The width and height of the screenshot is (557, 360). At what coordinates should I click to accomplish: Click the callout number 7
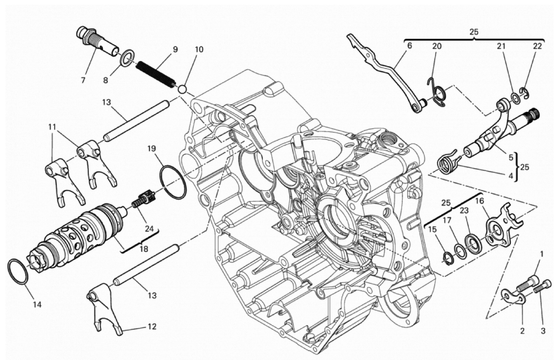pyautogui.click(x=83, y=81)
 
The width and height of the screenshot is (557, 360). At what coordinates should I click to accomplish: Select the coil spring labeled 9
pyautogui.click(x=156, y=74)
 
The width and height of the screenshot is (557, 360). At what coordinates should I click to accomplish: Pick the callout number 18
pyautogui.click(x=144, y=249)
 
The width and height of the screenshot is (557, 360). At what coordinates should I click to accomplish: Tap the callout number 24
pyautogui.click(x=149, y=229)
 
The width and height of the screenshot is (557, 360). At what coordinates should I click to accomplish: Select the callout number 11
pyautogui.click(x=52, y=127)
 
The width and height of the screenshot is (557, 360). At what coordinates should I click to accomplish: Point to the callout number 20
pyautogui.click(x=437, y=46)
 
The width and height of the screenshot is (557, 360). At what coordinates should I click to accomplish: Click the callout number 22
pyautogui.click(x=538, y=46)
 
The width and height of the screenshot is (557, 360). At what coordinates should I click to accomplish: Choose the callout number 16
pyautogui.click(x=479, y=201)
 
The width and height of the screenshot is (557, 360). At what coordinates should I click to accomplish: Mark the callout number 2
pyautogui.click(x=522, y=331)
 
